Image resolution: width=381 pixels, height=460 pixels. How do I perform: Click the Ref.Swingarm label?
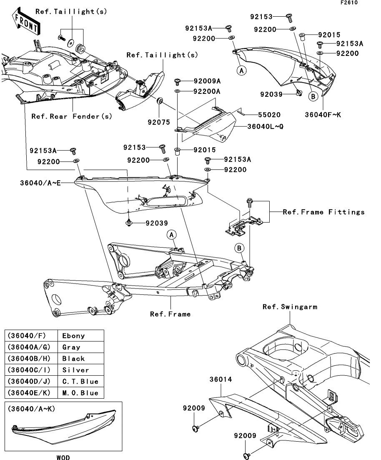coord(290,307)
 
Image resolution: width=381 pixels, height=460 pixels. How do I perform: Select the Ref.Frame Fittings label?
coord(323,212)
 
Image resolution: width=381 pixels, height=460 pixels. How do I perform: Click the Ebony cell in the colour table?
coord(74,335)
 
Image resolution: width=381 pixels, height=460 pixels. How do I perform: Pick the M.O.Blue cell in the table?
coord(80,393)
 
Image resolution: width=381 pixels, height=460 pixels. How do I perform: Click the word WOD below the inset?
coord(63,457)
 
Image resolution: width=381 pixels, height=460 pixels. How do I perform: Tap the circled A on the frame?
coord(171,235)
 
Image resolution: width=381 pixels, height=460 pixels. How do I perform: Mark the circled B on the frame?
coord(240,248)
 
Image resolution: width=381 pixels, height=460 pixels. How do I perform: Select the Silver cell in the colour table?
coord(75,370)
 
